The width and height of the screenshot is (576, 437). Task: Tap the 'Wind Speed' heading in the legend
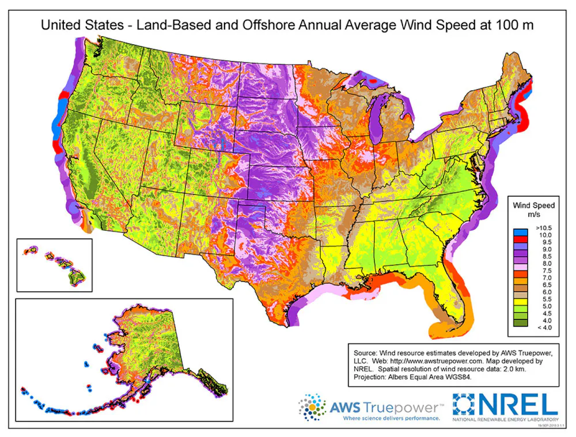pyautogui.click(x=534, y=205)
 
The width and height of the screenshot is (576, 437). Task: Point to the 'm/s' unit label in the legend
pyautogui.click(x=534, y=214)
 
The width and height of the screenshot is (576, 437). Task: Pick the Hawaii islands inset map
pyautogui.click(x=55, y=265)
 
